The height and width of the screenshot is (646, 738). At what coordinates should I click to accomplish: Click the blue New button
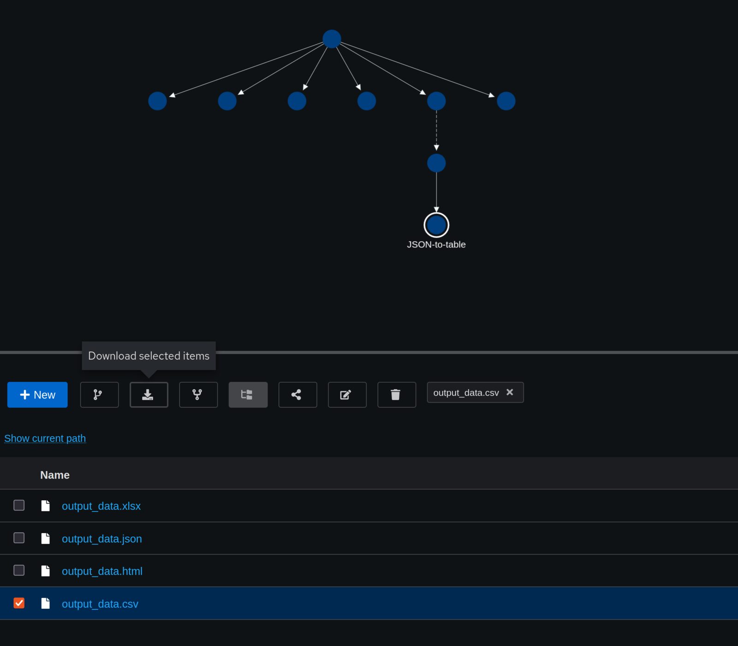pos(37,395)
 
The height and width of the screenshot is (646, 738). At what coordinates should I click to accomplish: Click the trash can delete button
pos(397,395)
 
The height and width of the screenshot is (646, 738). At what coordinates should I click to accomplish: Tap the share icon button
pos(298,395)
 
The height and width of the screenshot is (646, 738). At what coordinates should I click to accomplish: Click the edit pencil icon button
pos(347,395)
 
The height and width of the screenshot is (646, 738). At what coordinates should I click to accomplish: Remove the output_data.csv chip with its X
pos(510,392)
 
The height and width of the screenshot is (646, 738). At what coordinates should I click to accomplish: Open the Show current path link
pos(45,438)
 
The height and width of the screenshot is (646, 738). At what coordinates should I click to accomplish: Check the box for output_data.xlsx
pos(19,505)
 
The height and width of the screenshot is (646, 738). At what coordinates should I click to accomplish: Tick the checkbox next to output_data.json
pos(19,538)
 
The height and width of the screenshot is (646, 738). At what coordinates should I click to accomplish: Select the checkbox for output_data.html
pos(19,570)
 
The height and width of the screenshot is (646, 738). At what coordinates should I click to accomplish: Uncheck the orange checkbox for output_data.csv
pos(19,603)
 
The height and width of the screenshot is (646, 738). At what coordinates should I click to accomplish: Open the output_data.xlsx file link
pos(101,506)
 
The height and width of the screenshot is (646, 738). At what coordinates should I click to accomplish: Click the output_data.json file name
pos(102,539)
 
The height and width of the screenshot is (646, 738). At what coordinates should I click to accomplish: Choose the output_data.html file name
pos(102,571)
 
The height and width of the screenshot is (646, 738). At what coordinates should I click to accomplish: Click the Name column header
pos(55,475)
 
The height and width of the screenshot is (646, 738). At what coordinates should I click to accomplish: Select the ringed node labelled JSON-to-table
pos(436,225)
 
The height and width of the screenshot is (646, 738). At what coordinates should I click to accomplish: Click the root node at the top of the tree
pos(332,39)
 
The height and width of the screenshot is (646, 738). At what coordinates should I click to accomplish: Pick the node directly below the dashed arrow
pos(436,163)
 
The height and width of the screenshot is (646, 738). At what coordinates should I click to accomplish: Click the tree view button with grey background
pos(248,395)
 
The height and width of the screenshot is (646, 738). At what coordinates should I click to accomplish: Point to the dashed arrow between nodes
pos(436,130)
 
